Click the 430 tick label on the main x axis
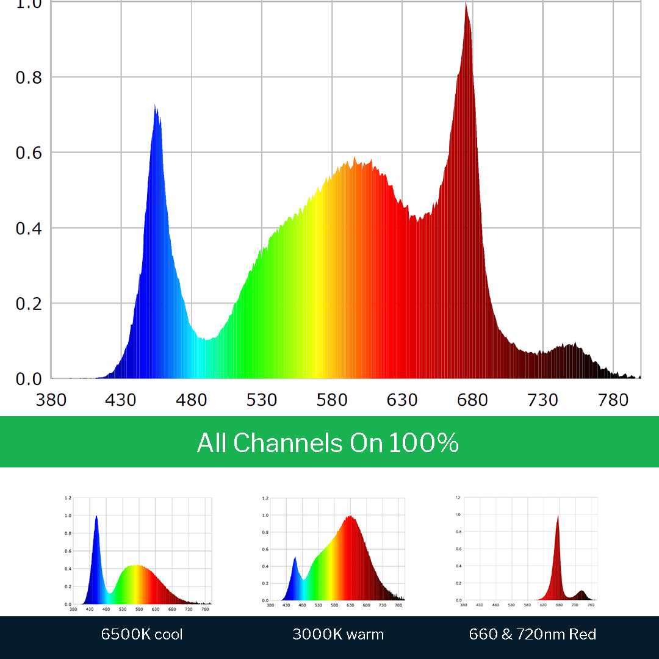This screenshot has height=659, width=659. (x=121, y=400)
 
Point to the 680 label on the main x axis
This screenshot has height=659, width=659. (x=472, y=400)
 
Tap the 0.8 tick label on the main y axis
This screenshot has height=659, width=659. (x=28, y=77)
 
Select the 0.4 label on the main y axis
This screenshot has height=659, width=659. (x=28, y=228)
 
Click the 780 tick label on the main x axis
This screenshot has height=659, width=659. (x=613, y=400)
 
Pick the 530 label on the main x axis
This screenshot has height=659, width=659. (x=262, y=400)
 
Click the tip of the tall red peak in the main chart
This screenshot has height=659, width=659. (x=466, y=5)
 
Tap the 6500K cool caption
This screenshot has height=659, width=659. (x=142, y=634)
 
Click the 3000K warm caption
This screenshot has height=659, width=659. (x=338, y=634)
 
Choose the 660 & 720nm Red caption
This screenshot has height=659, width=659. (x=532, y=634)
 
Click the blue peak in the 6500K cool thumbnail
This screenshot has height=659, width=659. (x=96, y=518)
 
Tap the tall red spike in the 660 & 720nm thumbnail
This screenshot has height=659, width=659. (x=557, y=518)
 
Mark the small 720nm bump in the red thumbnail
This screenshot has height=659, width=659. (x=582, y=592)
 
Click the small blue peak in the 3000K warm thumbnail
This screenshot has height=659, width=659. (x=295, y=559)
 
